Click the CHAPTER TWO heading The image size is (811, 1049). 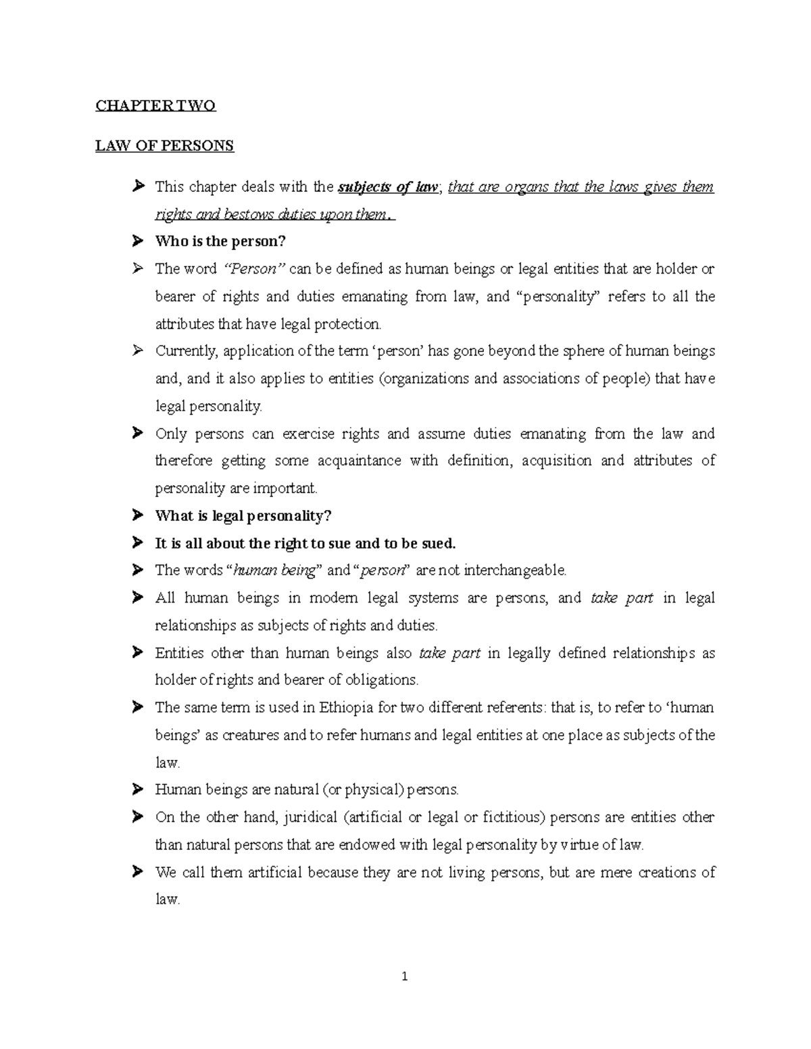click(155, 105)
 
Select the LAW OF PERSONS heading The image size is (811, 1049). click(164, 146)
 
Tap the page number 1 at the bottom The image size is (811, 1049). click(405, 976)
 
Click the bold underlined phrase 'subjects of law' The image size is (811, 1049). click(388, 187)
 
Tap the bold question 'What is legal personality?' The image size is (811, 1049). click(243, 516)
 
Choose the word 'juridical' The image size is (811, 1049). click(310, 817)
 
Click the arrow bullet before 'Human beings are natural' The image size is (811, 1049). click(138, 789)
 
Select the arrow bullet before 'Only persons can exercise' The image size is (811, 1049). click(138, 434)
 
